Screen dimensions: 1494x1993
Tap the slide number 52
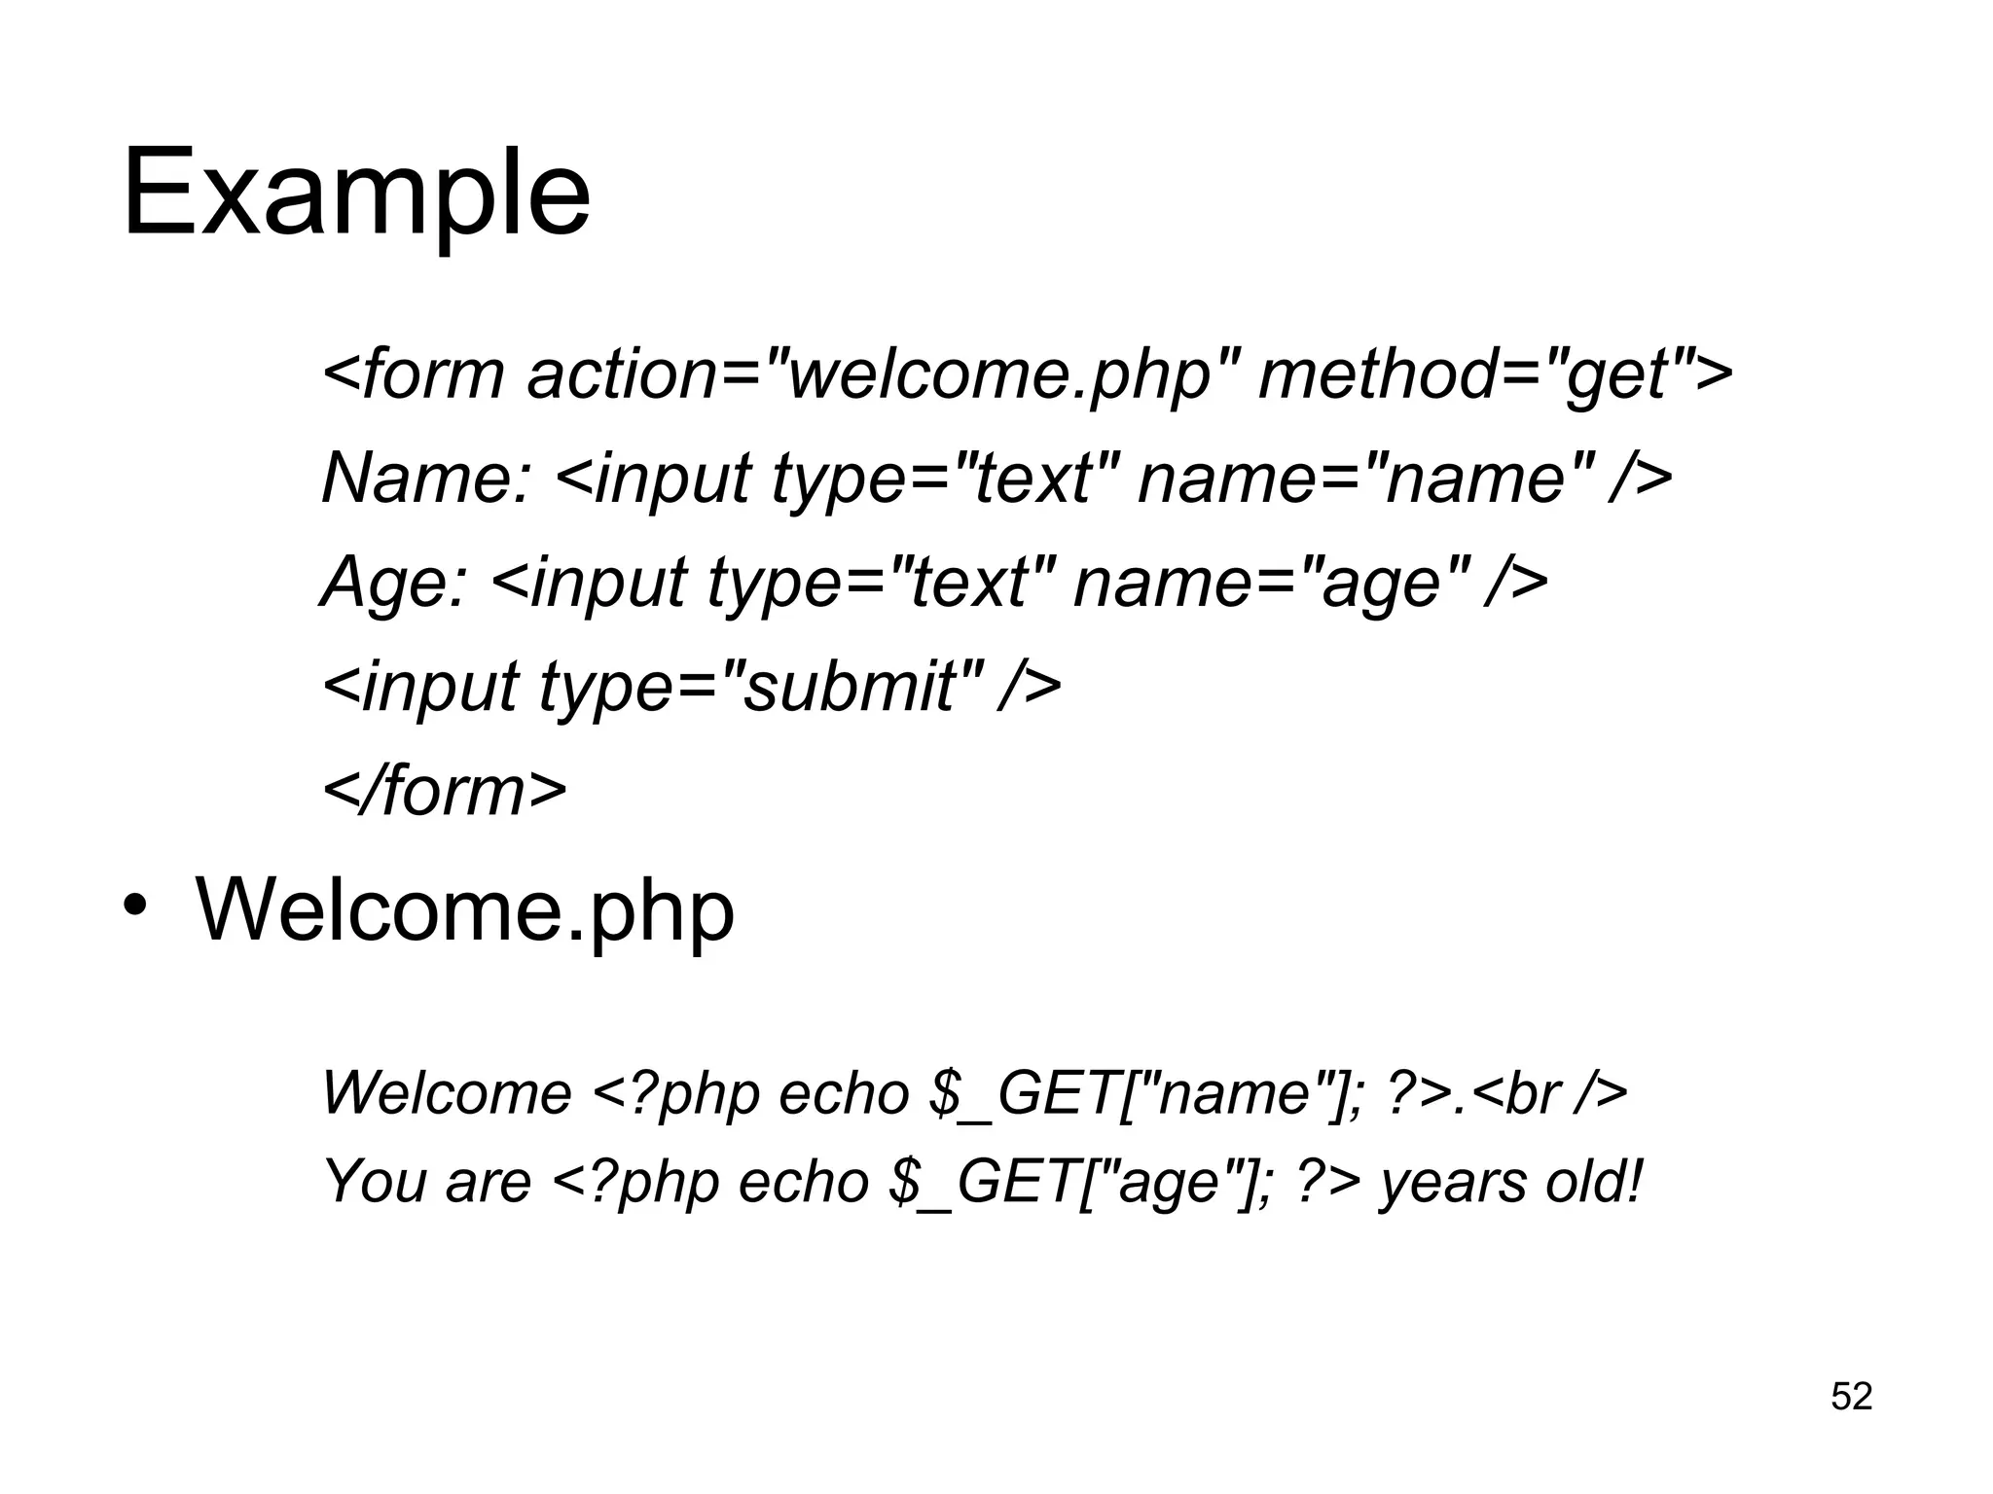pyautogui.click(x=1851, y=1397)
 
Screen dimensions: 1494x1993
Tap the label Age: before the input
pyautogui.click(x=394, y=582)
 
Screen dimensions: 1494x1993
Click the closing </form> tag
pyautogui.click(x=444, y=790)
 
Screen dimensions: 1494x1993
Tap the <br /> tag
pyautogui.click(x=1547, y=1093)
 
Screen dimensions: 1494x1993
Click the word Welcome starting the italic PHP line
pyautogui.click(x=447, y=1093)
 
